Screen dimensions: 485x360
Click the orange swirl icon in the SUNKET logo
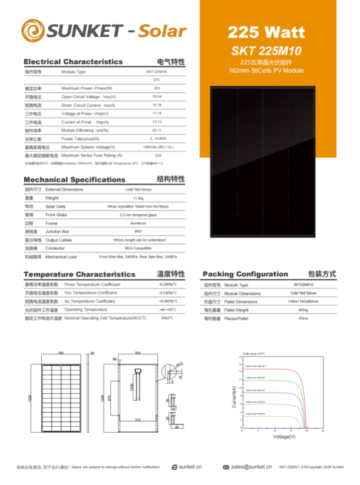34,30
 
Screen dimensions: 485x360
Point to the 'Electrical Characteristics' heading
73,61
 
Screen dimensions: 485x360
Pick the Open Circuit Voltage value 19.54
157,96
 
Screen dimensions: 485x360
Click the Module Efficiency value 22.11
157,130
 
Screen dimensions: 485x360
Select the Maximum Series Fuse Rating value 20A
157,155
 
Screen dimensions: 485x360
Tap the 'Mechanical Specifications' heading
74,179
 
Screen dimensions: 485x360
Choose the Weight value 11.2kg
139,198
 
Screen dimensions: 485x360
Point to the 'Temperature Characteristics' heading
79,275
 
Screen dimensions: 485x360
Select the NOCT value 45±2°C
167,317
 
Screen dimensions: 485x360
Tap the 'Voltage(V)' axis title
284,436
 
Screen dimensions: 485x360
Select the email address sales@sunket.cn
251,467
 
